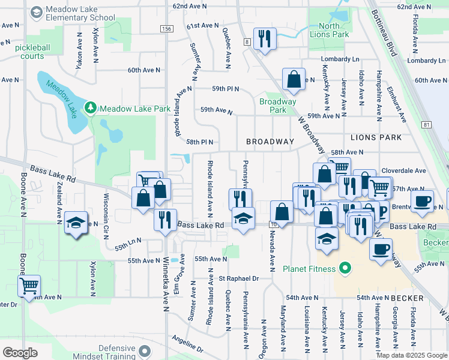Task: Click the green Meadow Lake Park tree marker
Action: point(91,108)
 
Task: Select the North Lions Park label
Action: point(329,30)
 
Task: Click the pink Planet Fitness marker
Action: point(345,268)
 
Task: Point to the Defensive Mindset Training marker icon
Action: point(144,350)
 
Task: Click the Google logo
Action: point(20,353)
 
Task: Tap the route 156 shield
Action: point(167,28)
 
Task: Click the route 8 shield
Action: point(247,41)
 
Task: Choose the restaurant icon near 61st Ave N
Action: point(265,39)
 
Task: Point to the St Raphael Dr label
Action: point(238,278)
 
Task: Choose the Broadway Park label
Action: point(278,106)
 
